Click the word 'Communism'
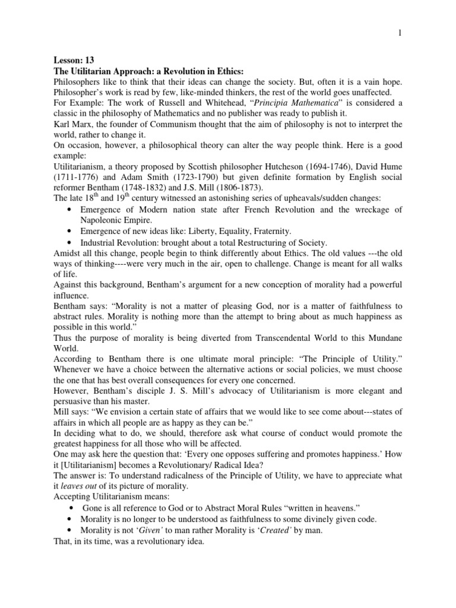[x=189, y=123]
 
